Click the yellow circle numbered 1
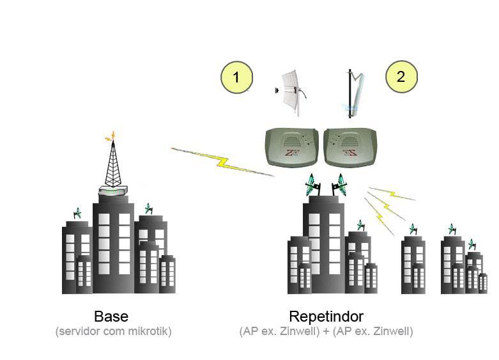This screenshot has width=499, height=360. point(236,78)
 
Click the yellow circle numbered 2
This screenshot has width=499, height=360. point(401,77)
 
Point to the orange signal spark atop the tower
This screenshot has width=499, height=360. point(112,135)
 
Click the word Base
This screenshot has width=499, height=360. point(111,317)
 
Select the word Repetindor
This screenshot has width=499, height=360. point(326,317)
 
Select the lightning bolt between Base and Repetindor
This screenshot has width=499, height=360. point(220,161)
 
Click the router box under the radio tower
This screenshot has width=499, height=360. point(112,191)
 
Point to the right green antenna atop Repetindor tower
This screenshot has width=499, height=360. point(339,185)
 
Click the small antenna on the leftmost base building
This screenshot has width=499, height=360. point(78,213)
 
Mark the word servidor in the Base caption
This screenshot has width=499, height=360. point(77,332)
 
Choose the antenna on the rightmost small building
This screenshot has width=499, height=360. point(472,244)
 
